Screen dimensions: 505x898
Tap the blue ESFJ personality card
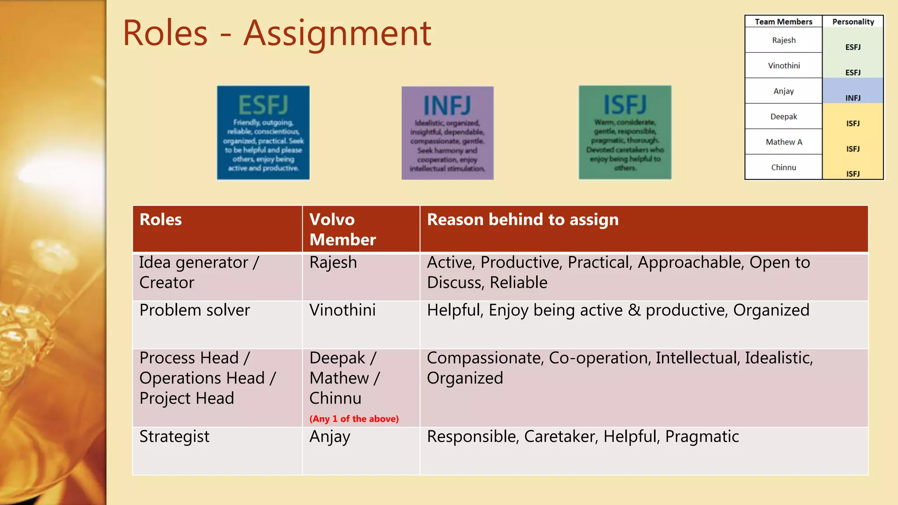coord(263,132)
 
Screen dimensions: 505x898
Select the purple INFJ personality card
coord(448,133)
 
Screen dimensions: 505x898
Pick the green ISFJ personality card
coord(625,132)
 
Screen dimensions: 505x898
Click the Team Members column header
coord(783,21)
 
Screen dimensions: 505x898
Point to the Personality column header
coord(853,21)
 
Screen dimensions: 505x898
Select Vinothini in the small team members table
coord(784,66)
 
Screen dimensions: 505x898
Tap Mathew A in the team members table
coord(784,142)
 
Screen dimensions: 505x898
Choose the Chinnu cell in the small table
coord(784,167)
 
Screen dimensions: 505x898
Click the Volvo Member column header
coord(342,229)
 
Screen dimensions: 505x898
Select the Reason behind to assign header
coord(523,220)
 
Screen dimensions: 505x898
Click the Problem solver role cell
coord(195,310)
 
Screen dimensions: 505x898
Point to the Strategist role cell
coord(174,437)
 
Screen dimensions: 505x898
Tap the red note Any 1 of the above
coord(354,419)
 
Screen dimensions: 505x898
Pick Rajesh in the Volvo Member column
coord(333,263)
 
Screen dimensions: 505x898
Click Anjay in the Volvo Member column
coord(330,437)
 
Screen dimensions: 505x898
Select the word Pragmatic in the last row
coord(702,437)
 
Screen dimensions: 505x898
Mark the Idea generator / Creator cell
coord(199,272)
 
